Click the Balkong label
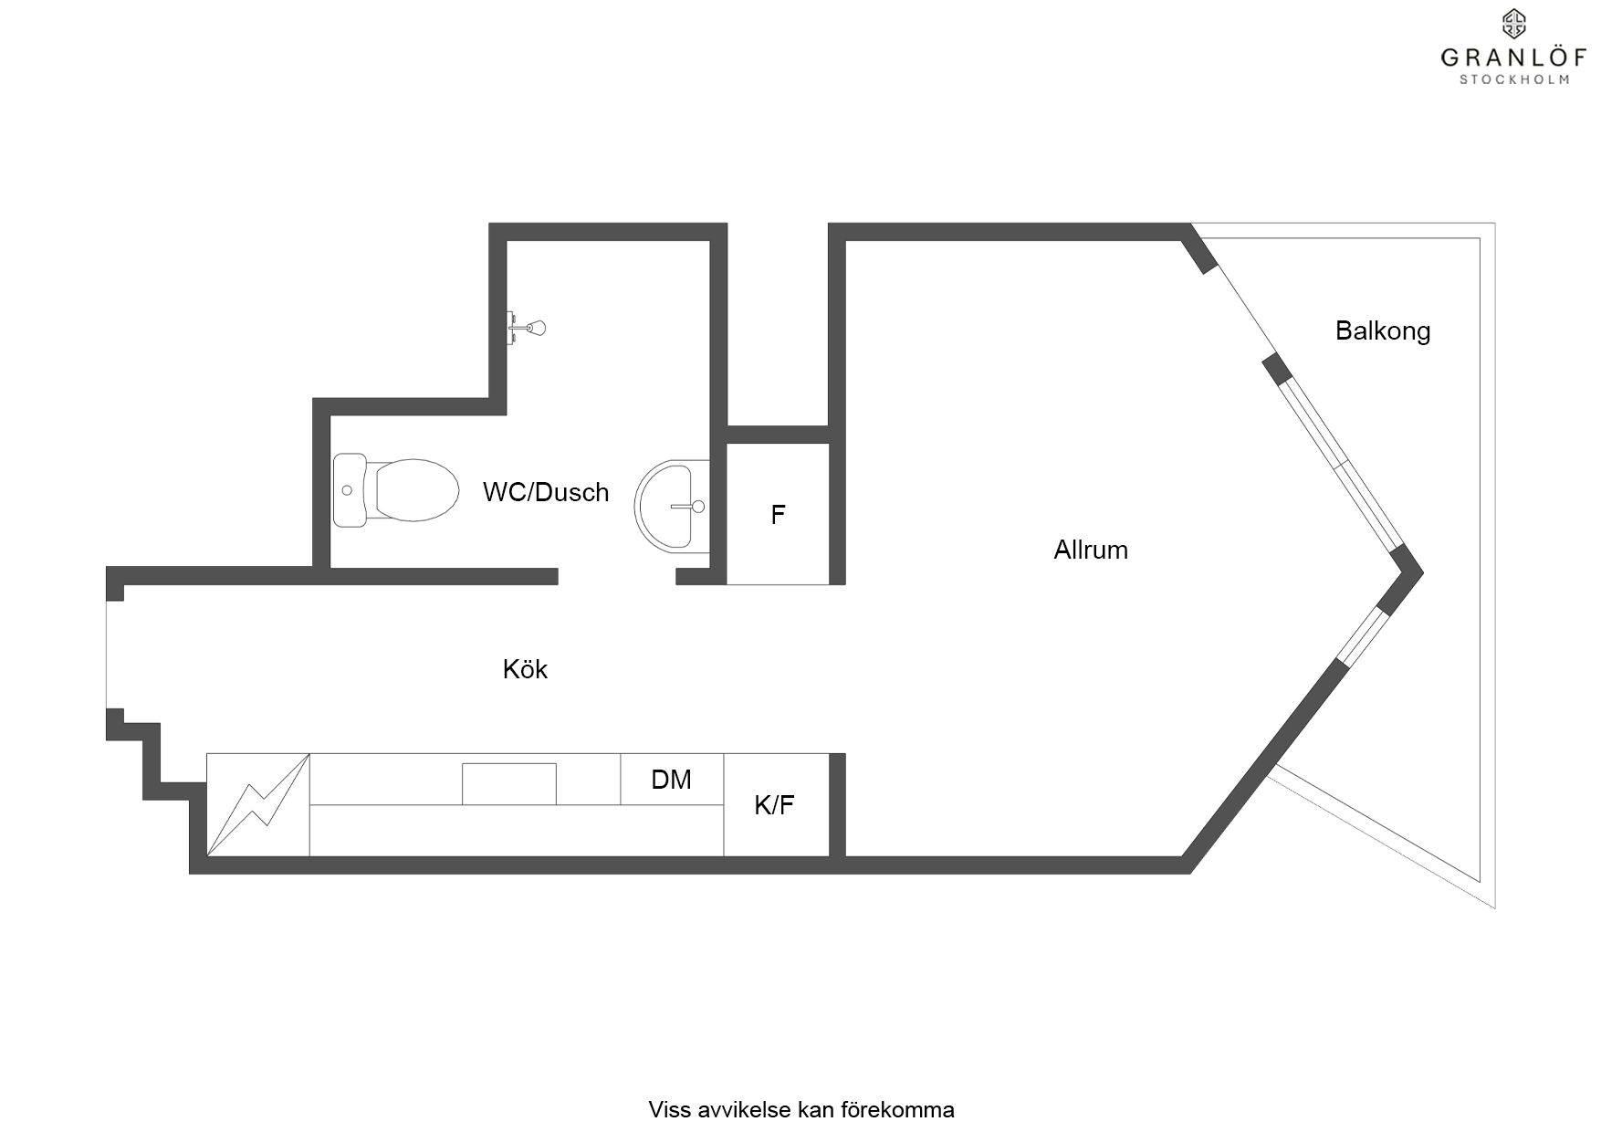pos(1382,330)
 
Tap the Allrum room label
pos(1091,550)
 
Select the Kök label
pos(525,669)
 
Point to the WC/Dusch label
pos(546,492)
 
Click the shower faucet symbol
pos(528,327)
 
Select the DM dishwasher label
pos(671,780)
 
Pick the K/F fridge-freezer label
pos(774,805)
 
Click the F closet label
pos(778,515)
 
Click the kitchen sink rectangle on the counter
pos(508,784)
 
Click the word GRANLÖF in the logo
pos(1513,58)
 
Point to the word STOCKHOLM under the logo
pos(1514,79)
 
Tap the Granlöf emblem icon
pos(1514,23)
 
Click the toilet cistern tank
pos(349,491)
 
